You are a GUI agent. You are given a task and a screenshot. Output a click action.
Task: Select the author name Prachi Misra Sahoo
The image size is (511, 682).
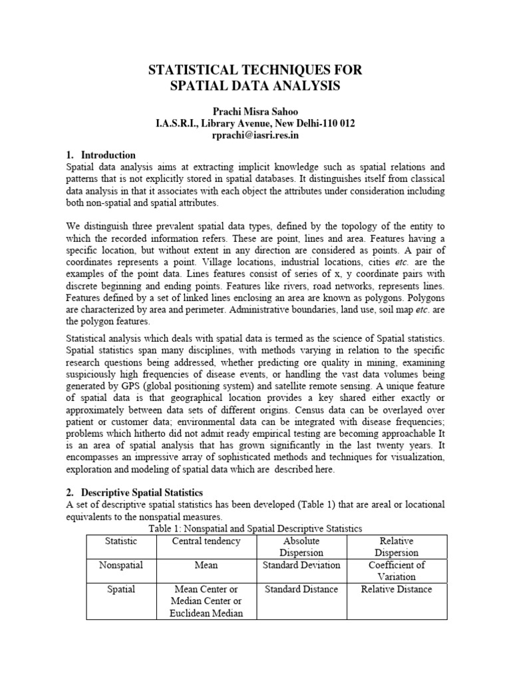[255, 109]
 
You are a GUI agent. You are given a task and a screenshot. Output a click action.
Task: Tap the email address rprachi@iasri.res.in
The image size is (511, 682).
[255, 135]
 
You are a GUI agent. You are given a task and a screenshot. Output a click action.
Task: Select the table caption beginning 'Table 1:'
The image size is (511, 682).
[255, 528]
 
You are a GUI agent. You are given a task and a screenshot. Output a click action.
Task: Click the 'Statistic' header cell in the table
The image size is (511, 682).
[120, 541]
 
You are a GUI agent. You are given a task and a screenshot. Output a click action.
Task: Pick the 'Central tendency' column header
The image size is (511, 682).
[206, 541]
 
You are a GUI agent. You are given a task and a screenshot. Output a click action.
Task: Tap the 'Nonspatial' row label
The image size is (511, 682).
[120, 565]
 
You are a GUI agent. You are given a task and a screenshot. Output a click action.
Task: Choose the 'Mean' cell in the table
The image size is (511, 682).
[206, 565]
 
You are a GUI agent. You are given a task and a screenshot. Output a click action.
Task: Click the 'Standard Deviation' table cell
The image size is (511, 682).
[301, 565]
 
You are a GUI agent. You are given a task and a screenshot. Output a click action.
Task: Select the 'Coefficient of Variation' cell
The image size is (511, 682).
[397, 571]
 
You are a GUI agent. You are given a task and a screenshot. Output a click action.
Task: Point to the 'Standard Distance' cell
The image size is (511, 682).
[301, 589]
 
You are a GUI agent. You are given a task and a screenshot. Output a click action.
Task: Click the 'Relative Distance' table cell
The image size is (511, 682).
[397, 589]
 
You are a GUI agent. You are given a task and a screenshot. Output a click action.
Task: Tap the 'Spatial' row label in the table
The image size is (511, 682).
[120, 589]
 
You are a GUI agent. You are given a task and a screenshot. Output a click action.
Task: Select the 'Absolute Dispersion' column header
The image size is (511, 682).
[301, 546]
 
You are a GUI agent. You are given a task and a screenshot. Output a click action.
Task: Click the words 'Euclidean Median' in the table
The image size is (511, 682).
[206, 613]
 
